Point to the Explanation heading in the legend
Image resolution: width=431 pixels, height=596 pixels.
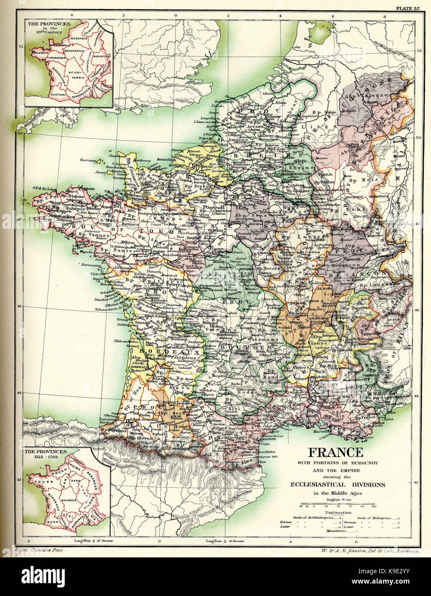coord(338,512)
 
